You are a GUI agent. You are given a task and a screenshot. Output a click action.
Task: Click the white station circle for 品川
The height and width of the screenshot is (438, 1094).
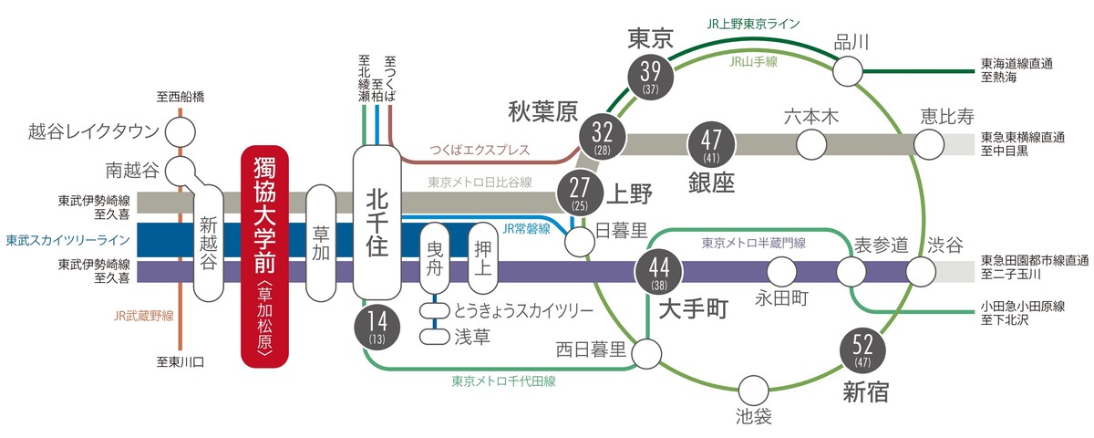coord(848,69)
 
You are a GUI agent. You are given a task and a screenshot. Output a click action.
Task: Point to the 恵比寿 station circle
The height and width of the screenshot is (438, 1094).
coord(930,143)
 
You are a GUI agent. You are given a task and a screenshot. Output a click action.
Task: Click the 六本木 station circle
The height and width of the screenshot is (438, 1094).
coord(810,143)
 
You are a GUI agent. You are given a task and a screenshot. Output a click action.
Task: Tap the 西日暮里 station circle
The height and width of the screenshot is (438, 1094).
coord(647,352)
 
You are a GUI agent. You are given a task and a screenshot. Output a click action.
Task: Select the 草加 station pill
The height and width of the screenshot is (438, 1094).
coord(320,243)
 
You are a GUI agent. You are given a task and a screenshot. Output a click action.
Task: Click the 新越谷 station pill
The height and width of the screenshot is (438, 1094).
coord(209,243)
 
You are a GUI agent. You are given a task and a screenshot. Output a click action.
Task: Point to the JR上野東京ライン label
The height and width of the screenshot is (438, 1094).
coord(750,24)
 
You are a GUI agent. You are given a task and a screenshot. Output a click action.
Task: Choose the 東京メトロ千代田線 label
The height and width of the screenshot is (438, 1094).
coord(503,381)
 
